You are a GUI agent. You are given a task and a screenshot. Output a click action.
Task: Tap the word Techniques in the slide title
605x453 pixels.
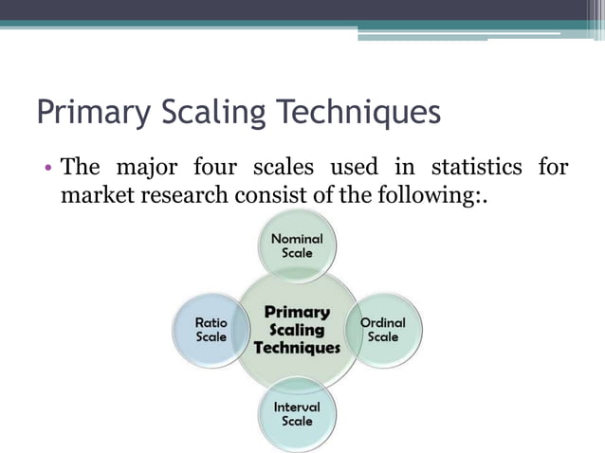359,113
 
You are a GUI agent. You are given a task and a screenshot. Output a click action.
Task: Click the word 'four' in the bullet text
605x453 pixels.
216,169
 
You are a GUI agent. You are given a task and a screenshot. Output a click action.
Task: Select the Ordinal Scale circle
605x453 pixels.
383,330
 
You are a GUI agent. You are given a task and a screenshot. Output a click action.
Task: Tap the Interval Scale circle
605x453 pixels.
297,413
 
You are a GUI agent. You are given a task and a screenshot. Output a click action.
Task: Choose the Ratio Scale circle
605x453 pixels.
211,330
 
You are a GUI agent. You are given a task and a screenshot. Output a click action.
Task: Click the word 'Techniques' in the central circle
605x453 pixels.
297,348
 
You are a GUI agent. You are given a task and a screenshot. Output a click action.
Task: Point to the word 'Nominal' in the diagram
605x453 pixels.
297,239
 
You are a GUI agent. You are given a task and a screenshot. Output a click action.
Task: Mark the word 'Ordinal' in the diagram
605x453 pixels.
383,322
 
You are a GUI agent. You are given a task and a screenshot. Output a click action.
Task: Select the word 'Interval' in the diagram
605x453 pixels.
297,406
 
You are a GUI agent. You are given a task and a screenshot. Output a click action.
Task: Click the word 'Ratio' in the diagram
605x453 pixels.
211,322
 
